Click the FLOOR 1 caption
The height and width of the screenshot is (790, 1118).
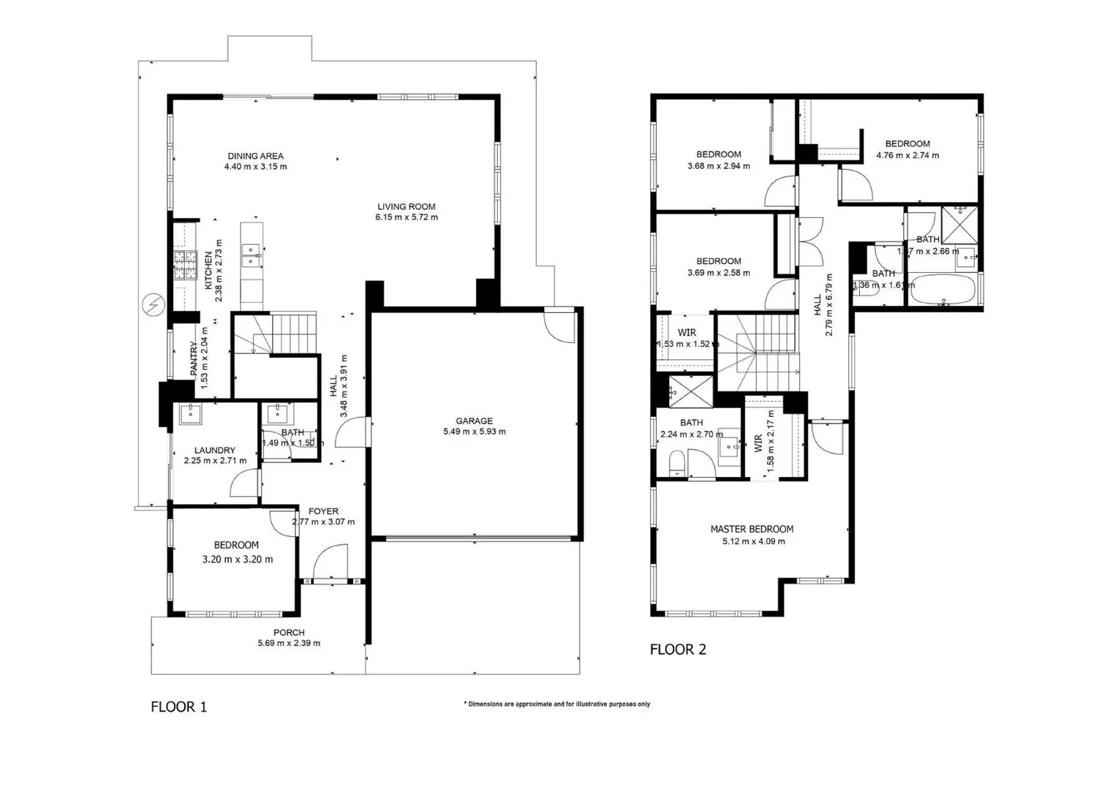pyautogui.click(x=178, y=707)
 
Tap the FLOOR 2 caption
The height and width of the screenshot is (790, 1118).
pyautogui.click(x=678, y=649)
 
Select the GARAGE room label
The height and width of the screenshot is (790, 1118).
pyautogui.click(x=474, y=421)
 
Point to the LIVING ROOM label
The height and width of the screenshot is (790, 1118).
pyautogui.click(x=406, y=206)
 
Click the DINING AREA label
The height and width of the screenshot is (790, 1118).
pyautogui.click(x=255, y=156)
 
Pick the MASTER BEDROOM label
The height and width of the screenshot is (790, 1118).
pyautogui.click(x=752, y=529)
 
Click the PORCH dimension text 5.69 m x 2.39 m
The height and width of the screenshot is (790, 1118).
pyautogui.click(x=289, y=644)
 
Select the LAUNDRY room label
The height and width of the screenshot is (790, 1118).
pyautogui.click(x=214, y=450)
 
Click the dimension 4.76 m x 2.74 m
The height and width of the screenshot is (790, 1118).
pyautogui.click(x=907, y=155)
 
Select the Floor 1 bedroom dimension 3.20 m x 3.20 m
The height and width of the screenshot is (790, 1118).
pyautogui.click(x=237, y=560)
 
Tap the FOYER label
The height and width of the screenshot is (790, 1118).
pyautogui.click(x=323, y=511)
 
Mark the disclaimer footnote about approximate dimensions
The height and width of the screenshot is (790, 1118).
pyautogui.click(x=556, y=704)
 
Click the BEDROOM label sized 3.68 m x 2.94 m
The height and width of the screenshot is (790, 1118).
pyautogui.click(x=718, y=154)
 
